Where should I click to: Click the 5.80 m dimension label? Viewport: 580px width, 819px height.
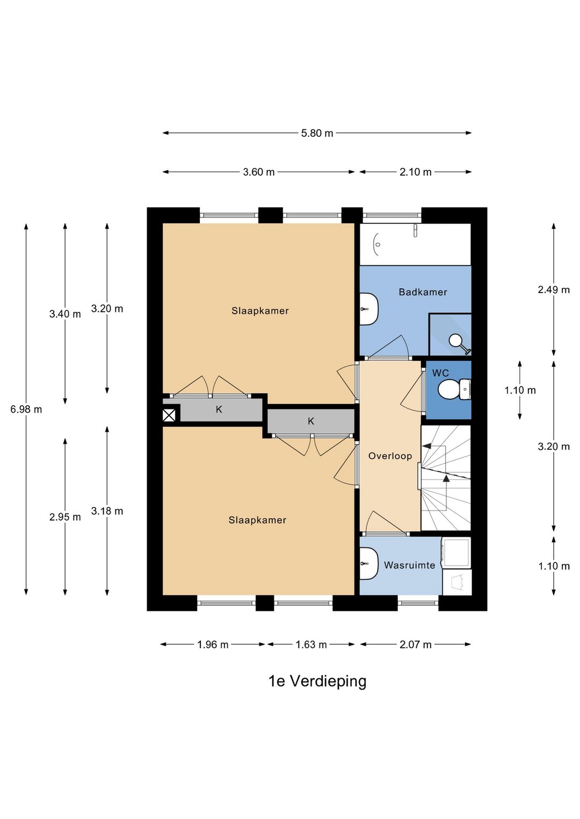[x=317, y=133]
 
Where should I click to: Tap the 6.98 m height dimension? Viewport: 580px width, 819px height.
[x=26, y=409]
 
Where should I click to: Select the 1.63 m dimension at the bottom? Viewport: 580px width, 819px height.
[x=311, y=645]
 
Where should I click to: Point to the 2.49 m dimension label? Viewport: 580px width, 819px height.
[x=554, y=290]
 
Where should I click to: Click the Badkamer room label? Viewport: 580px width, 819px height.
[x=423, y=292]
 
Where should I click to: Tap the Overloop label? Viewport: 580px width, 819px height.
[x=390, y=456]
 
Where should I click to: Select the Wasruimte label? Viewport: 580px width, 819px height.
[x=409, y=565]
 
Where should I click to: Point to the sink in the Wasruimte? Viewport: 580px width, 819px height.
[x=368, y=564]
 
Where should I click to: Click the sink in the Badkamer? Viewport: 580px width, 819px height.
[x=368, y=309]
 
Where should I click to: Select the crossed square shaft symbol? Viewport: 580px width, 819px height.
[x=169, y=415]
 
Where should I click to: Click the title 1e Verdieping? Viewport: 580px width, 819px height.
[x=317, y=681]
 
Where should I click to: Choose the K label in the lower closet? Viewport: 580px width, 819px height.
[x=311, y=422]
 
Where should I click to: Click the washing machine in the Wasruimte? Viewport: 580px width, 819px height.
[x=456, y=553]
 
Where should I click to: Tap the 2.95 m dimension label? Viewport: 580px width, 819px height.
[x=65, y=517]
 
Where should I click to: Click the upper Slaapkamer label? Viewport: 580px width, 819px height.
[x=260, y=311]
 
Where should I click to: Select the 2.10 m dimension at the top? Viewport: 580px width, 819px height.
[x=415, y=172]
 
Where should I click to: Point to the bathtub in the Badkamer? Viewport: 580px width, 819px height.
[x=415, y=245]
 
